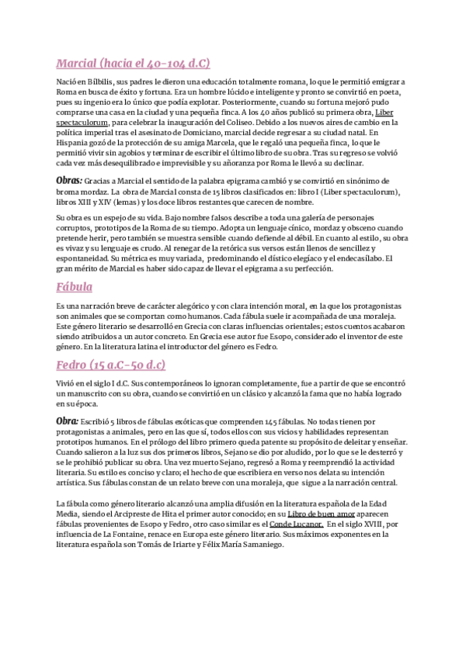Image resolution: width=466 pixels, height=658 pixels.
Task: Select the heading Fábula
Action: (x=75, y=286)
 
